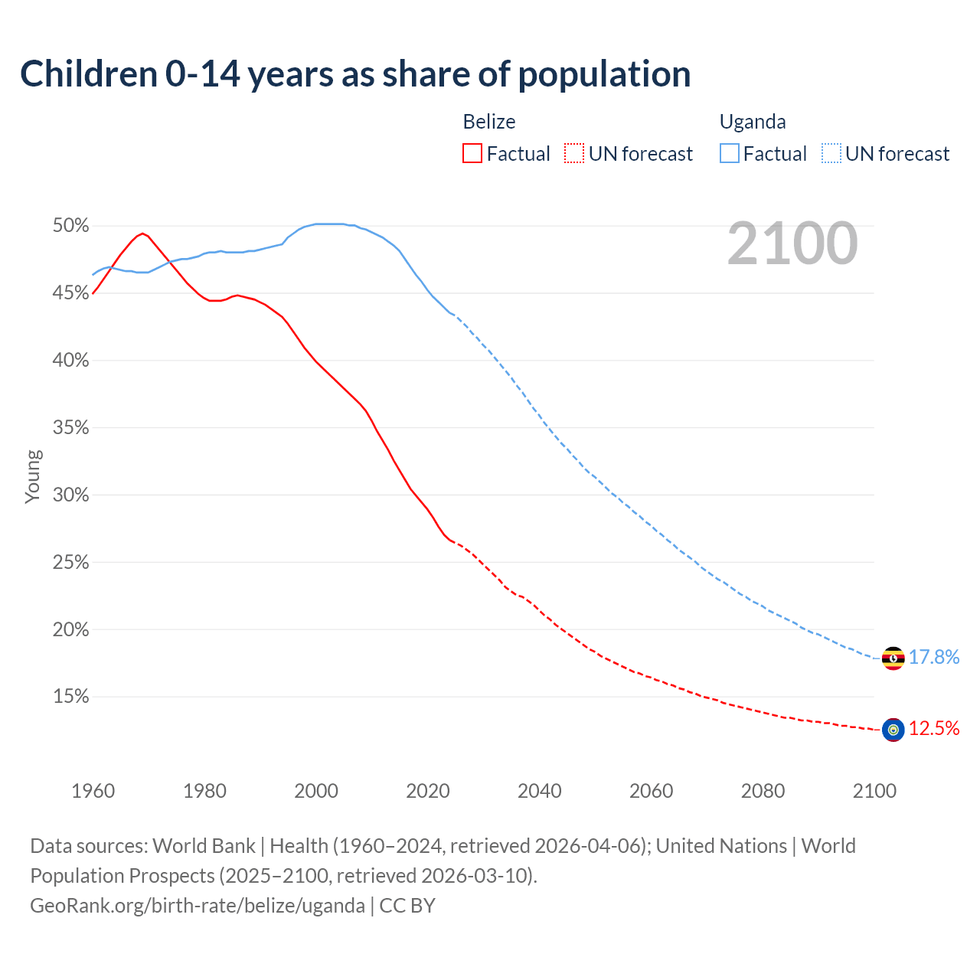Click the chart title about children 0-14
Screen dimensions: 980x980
click(x=355, y=74)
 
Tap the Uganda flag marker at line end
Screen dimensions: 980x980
click(x=893, y=658)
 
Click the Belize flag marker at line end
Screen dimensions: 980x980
click(x=893, y=730)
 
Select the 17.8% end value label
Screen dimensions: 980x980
click(x=934, y=658)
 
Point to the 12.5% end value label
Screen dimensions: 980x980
click(x=934, y=729)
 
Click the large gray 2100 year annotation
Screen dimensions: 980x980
click(x=792, y=243)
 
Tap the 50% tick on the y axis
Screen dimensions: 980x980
click(x=70, y=226)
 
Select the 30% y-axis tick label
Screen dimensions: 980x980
click(x=70, y=495)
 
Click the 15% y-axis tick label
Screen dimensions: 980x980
click(x=70, y=697)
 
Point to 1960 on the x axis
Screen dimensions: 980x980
click(x=93, y=791)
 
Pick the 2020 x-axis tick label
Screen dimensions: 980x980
click(x=428, y=791)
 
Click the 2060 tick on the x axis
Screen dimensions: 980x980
click(x=651, y=791)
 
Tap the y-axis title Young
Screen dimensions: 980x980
click(x=32, y=476)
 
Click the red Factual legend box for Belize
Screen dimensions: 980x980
click(x=472, y=154)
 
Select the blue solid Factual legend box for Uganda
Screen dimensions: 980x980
click(x=730, y=154)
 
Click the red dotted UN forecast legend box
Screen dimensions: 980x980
click(x=574, y=154)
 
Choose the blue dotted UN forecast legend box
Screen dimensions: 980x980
click(x=831, y=154)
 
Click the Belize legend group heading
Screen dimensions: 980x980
click(x=489, y=122)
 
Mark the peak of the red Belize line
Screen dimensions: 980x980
click(x=142, y=234)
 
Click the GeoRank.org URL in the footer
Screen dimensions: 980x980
click(x=198, y=906)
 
